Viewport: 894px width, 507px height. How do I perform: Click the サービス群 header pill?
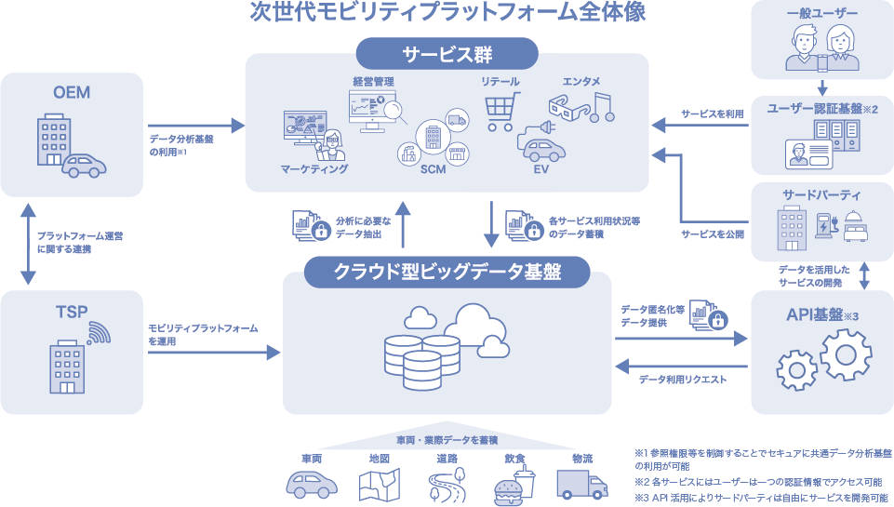(x=447, y=53)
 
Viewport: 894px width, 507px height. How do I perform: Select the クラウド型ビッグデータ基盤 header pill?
(x=447, y=273)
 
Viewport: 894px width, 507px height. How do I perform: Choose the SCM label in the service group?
(x=433, y=169)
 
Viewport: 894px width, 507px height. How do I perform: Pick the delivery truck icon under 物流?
(x=581, y=484)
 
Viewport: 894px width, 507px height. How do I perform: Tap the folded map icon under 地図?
(x=379, y=484)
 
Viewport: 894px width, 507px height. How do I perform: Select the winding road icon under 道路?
(x=447, y=485)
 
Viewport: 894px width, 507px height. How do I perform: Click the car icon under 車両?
(x=312, y=485)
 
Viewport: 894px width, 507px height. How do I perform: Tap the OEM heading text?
(x=72, y=92)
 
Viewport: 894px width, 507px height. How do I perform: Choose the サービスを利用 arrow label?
(x=713, y=113)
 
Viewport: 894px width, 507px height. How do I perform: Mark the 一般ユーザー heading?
(x=822, y=13)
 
